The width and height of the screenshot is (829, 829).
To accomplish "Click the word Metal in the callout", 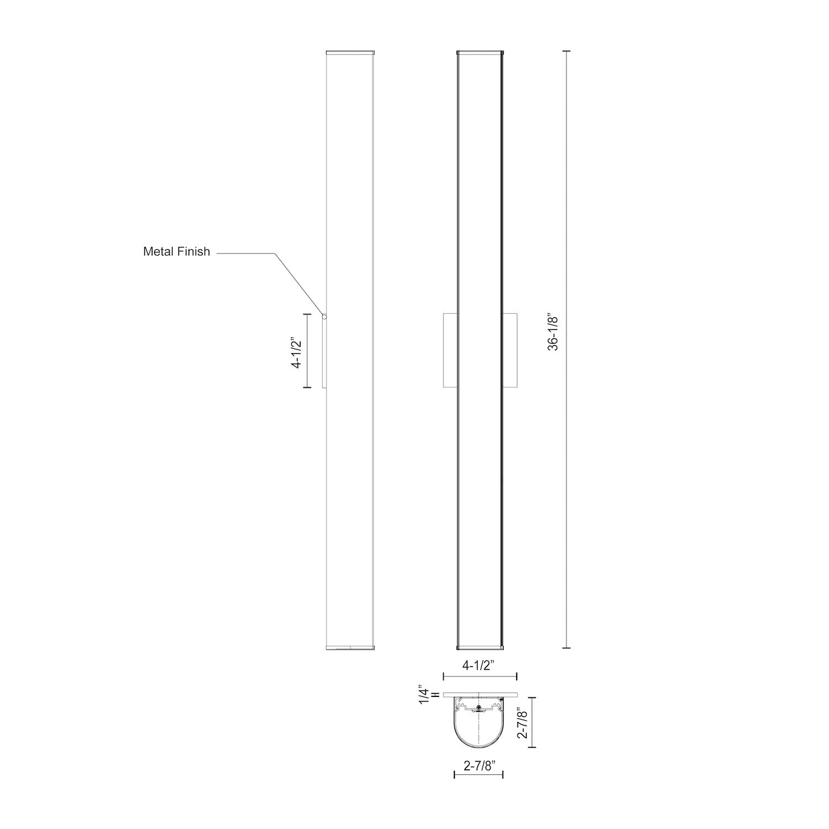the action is click(159, 251).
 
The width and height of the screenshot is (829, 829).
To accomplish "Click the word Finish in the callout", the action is click(193, 251).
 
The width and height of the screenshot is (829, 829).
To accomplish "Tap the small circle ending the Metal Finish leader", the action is click(325, 317).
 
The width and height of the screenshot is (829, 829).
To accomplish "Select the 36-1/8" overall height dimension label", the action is click(554, 332).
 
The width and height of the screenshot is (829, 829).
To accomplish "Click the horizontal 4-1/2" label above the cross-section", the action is click(479, 666).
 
